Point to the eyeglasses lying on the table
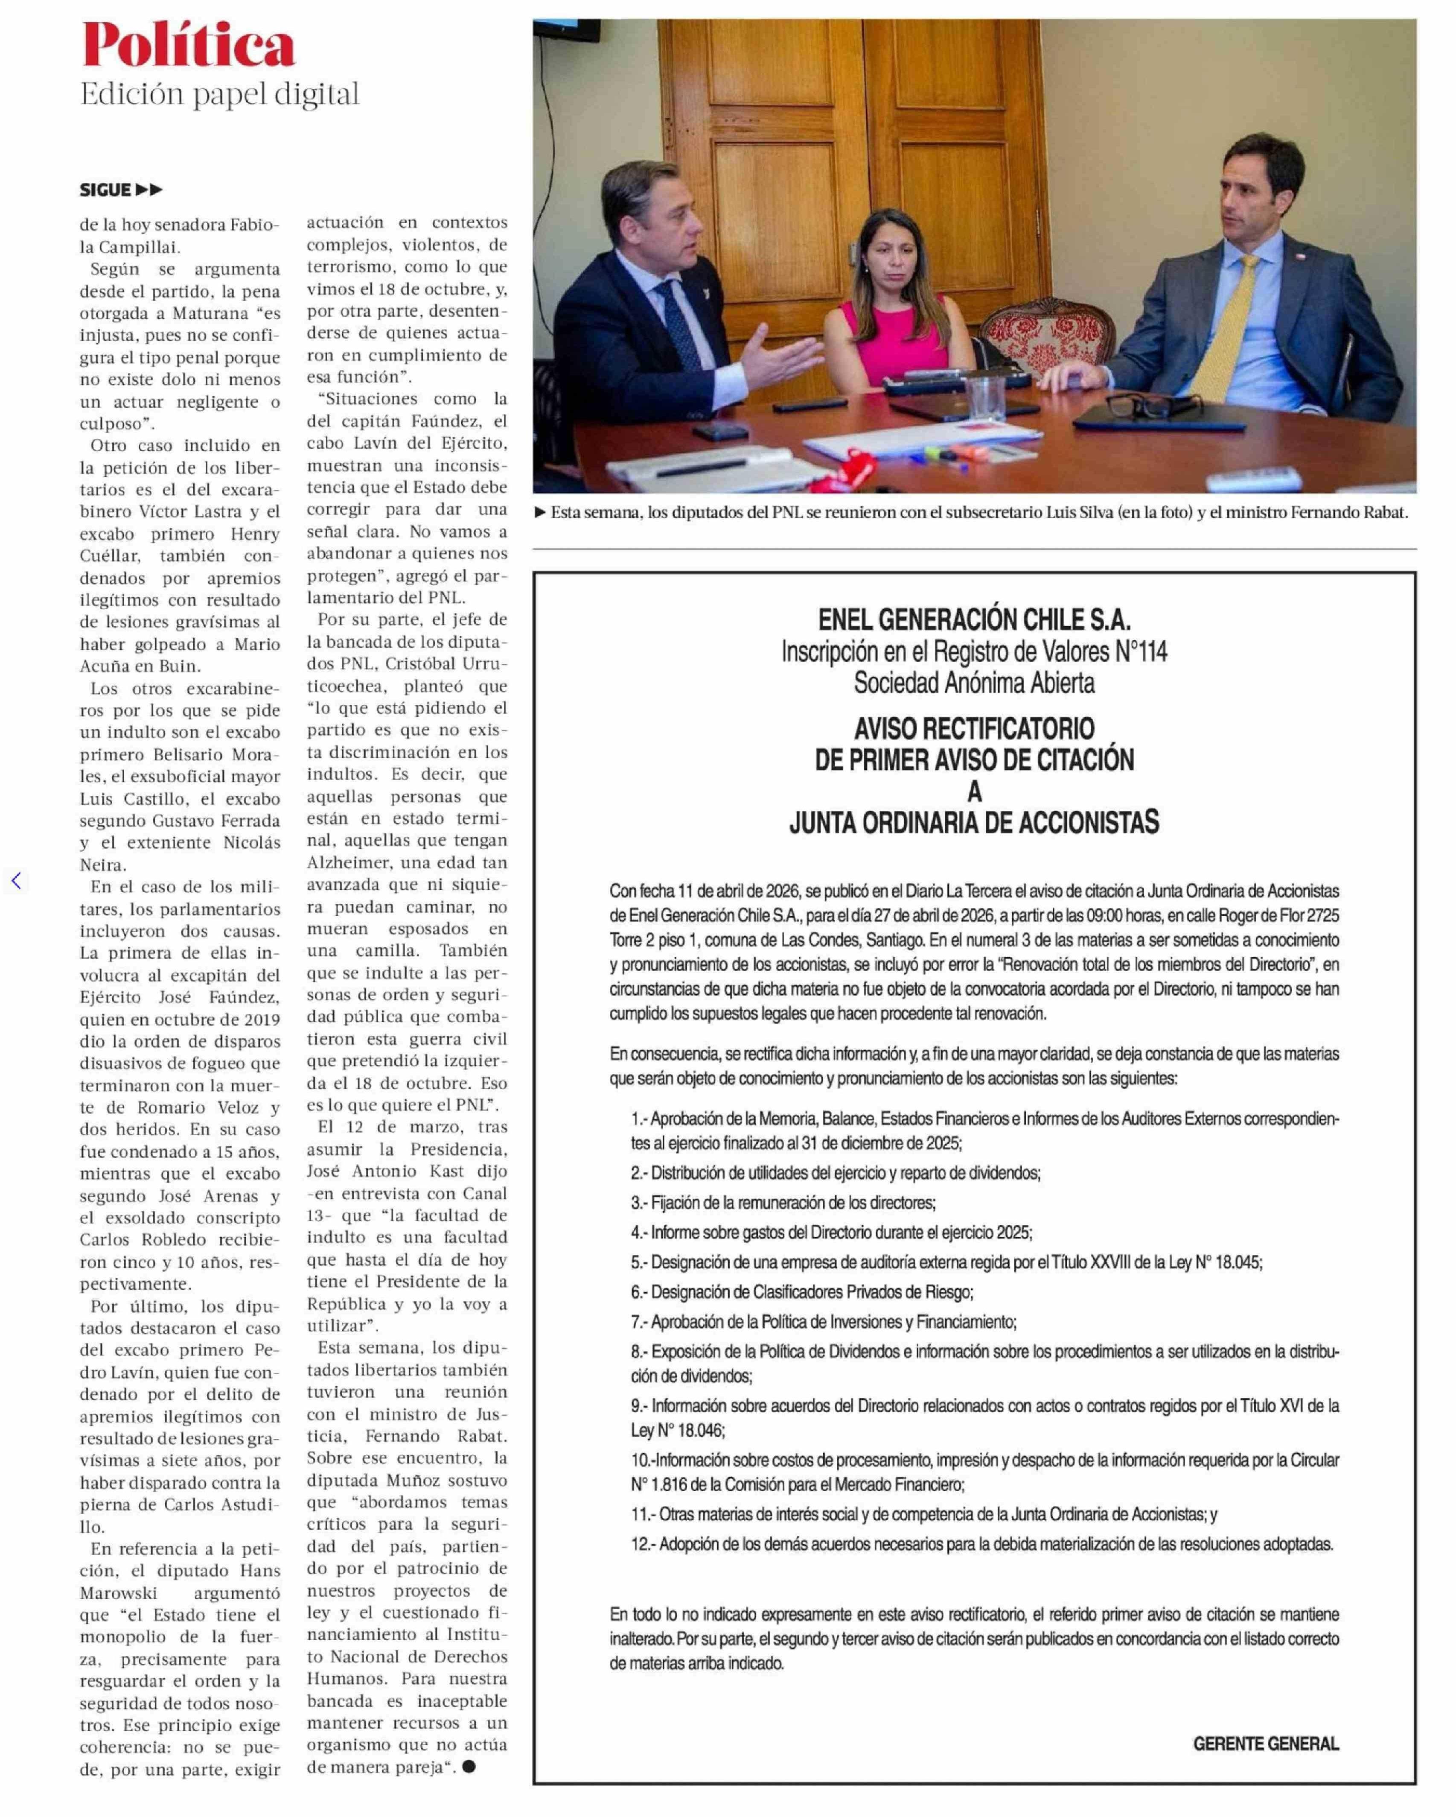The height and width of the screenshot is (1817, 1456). click(x=1142, y=406)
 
